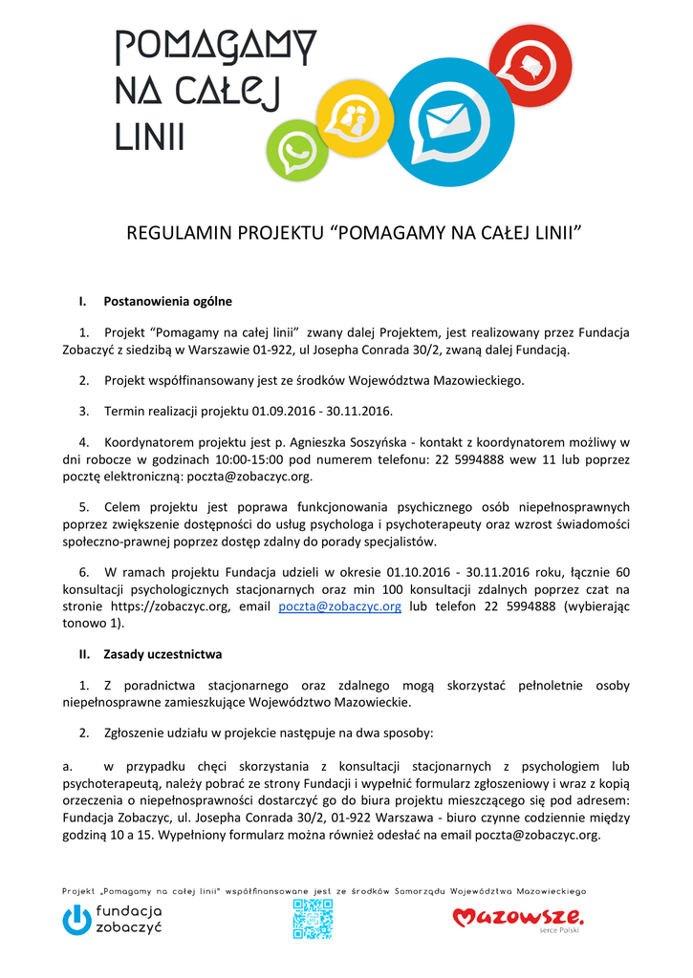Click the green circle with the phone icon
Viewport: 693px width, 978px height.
pyautogui.click(x=296, y=151)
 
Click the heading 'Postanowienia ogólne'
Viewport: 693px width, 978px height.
pyautogui.click(x=167, y=302)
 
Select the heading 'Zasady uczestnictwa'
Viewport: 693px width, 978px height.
pyautogui.click(x=162, y=654)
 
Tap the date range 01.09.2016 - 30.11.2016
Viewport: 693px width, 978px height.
pyautogui.click(x=322, y=411)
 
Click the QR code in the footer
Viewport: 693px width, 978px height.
pyautogui.click(x=313, y=919)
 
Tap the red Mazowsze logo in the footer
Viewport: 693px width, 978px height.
pyautogui.click(x=516, y=918)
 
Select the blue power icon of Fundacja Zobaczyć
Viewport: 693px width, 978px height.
pyautogui.click(x=76, y=920)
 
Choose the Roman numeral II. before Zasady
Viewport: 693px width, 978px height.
pyautogui.click(x=84, y=654)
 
